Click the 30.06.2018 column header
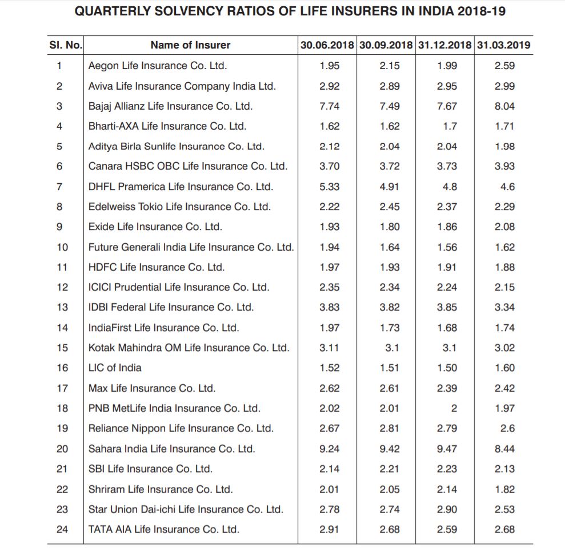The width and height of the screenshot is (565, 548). pyautogui.click(x=327, y=45)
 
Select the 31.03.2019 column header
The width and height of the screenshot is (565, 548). pyautogui.click(x=504, y=45)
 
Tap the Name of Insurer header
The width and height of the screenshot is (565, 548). pyautogui.click(x=190, y=45)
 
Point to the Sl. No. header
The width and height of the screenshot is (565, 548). pyautogui.click(x=66, y=45)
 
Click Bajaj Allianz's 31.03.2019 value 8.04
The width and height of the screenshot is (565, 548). pyautogui.click(x=504, y=106)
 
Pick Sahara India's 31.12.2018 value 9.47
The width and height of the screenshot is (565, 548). pyautogui.click(x=447, y=449)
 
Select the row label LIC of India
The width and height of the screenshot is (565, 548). pyautogui.click(x=115, y=368)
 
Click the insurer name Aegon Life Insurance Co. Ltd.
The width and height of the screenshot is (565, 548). pyautogui.click(x=158, y=66)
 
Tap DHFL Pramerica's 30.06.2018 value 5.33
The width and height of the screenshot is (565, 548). pyautogui.click(x=329, y=187)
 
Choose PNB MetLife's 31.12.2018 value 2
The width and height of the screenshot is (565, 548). pyautogui.click(x=454, y=408)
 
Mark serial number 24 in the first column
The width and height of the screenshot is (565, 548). pyautogui.click(x=62, y=529)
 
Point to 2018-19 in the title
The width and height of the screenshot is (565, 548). pyautogui.click(x=482, y=11)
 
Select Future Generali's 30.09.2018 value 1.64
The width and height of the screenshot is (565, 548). pyautogui.click(x=390, y=247)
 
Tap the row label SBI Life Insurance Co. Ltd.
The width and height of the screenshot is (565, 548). pyautogui.click(x=150, y=469)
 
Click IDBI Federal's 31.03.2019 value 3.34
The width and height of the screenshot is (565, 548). pyautogui.click(x=504, y=307)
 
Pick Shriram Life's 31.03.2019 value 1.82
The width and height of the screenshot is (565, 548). pyautogui.click(x=504, y=489)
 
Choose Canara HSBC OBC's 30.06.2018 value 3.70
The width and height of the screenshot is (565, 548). pyautogui.click(x=329, y=166)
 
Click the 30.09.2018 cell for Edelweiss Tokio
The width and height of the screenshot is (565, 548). pyautogui.click(x=390, y=207)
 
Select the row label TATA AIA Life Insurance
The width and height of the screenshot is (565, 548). pyautogui.click(x=163, y=529)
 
